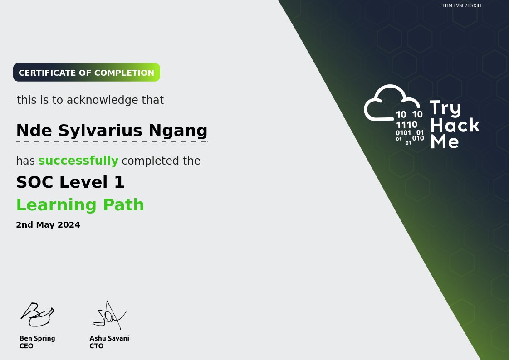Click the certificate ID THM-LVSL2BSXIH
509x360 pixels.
point(461,6)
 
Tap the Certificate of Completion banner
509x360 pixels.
point(87,73)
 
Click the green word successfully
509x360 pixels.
point(78,161)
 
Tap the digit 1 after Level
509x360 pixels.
point(119,182)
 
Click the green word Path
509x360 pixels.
point(123,205)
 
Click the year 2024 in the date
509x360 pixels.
point(70,225)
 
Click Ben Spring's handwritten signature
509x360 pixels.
point(37,314)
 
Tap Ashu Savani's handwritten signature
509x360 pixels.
point(109,314)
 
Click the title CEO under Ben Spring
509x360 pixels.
point(26,346)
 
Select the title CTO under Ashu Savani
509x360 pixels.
point(97,346)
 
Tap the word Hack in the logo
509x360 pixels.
point(455,125)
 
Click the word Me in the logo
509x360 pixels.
point(445,141)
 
